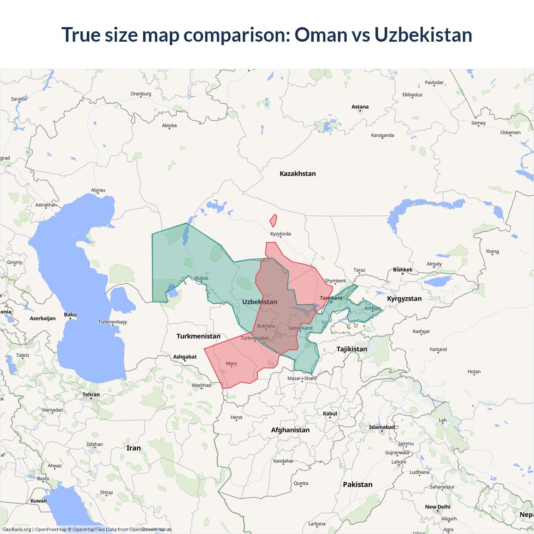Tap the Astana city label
pyautogui.click(x=360, y=107)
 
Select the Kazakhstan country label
pyautogui.click(x=297, y=174)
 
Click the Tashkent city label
pyautogui.click(x=331, y=298)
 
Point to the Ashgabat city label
pyautogui.click(x=185, y=357)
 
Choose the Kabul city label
pyautogui.click(x=330, y=413)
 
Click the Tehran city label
pyautogui.click(x=91, y=394)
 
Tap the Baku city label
pyautogui.click(x=70, y=315)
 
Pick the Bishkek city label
pyautogui.click(x=403, y=270)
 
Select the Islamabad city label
pyautogui.click(x=382, y=427)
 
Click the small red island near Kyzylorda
pyautogui.click(x=273, y=220)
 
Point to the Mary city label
pyautogui.click(x=231, y=363)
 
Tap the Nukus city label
pyautogui.click(x=202, y=278)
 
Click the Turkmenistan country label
pyautogui.click(x=198, y=336)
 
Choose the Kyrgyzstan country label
pyautogui.click(x=404, y=298)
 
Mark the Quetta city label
pyautogui.click(x=301, y=483)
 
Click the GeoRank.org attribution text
pyautogui.click(x=17, y=529)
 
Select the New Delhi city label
pyautogui.click(x=438, y=506)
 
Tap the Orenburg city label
pyautogui.click(x=141, y=93)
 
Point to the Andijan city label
pyautogui.click(x=372, y=308)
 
